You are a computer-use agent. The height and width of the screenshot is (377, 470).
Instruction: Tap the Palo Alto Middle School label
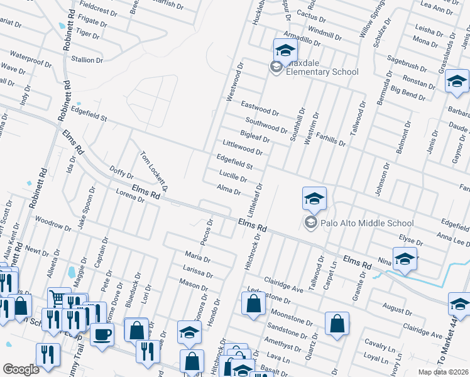[x=367, y=222]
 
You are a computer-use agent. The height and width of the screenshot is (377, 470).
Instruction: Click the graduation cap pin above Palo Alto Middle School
[x=314, y=200]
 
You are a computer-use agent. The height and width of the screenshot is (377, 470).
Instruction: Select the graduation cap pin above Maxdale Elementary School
[x=285, y=50]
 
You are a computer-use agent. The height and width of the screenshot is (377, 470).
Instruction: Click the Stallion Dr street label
[x=87, y=60]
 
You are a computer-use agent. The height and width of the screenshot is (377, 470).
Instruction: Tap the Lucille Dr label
[x=233, y=177]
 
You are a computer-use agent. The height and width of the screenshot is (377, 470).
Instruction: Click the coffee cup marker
[x=102, y=334]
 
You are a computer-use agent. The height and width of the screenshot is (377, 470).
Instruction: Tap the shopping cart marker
[x=57, y=298]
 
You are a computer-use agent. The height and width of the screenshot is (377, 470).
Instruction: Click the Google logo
[x=21, y=369]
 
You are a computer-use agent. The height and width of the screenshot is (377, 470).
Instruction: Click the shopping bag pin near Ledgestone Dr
[x=253, y=303]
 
